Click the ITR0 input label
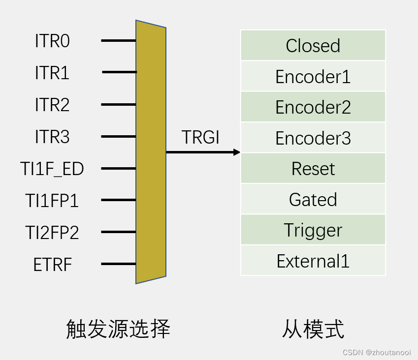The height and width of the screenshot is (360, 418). (52, 41)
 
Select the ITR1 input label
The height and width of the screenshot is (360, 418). (52, 73)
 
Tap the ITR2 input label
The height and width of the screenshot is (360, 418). (52, 105)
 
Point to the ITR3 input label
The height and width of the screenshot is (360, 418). (52, 137)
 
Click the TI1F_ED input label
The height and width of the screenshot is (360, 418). (52, 169)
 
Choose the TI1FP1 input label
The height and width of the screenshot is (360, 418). (52, 201)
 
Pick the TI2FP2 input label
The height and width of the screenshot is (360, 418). (52, 232)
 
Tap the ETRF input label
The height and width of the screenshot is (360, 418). (52, 265)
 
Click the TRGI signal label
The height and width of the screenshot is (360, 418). (200, 138)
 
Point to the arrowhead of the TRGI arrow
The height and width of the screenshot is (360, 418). (237, 152)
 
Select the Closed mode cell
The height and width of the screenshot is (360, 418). (313, 45)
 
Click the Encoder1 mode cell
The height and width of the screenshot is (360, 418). (313, 76)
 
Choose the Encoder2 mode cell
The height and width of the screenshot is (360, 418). (313, 107)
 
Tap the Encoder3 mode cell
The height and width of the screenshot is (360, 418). (313, 138)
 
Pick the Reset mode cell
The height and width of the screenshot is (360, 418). (313, 168)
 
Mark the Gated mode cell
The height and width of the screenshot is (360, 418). (313, 199)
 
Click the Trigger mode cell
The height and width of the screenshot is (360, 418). (313, 230)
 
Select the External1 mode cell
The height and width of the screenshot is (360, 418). (313, 260)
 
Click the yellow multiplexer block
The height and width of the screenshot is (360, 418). (151, 152)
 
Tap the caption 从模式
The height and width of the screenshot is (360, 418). (313, 329)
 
